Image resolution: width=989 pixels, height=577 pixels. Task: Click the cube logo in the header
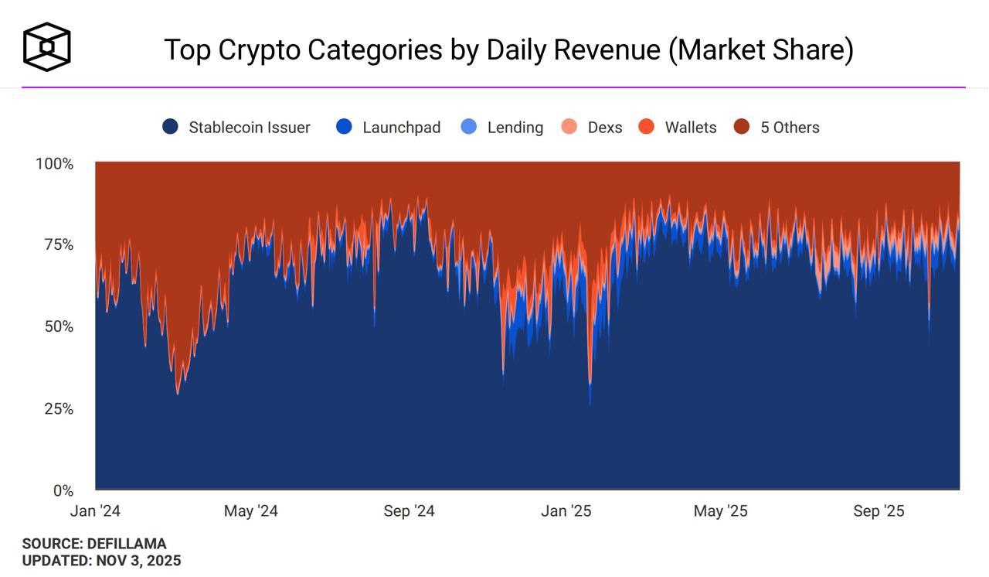(x=47, y=46)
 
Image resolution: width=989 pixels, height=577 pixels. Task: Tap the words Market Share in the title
(x=760, y=50)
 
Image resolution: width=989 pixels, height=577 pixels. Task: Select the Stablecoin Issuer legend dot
(x=171, y=127)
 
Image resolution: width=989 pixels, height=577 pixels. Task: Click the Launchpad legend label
(x=401, y=128)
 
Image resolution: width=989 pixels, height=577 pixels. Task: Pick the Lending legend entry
(x=515, y=128)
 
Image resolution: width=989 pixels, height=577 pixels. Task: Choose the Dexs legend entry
(x=604, y=128)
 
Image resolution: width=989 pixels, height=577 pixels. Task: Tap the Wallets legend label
(x=690, y=128)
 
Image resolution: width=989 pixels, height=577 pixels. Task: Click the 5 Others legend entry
(x=789, y=128)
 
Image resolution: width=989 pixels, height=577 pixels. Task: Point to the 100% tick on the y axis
(x=54, y=164)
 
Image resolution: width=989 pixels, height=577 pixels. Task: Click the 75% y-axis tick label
(x=58, y=245)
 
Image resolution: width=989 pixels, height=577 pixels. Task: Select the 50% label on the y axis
(x=58, y=326)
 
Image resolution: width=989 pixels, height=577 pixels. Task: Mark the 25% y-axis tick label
(x=58, y=408)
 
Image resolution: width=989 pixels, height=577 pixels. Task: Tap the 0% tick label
(x=63, y=490)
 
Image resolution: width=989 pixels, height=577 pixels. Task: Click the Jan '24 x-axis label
(x=95, y=511)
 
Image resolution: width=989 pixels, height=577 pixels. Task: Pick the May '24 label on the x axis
(x=250, y=511)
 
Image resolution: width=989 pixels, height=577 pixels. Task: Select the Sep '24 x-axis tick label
(x=409, y=511)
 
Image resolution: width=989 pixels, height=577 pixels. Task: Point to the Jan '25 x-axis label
(x=566, y=511)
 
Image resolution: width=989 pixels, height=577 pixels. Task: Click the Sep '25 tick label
(x=879, y=511)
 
